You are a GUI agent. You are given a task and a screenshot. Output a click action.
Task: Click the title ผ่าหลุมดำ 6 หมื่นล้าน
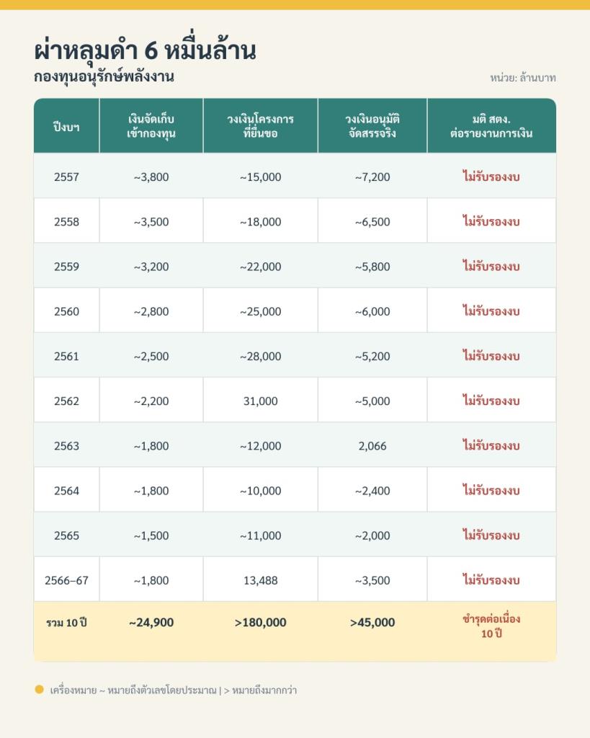145,50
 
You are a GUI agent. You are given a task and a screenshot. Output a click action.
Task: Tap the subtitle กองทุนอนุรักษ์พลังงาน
104,76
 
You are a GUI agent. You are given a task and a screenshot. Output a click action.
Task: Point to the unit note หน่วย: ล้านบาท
523,78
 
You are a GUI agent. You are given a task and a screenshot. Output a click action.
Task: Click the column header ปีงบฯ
66,127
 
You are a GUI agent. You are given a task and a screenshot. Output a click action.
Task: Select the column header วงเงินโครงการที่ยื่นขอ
260,125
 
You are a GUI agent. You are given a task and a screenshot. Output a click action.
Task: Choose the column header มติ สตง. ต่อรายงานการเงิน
491,125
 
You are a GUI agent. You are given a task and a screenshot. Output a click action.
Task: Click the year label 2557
66,177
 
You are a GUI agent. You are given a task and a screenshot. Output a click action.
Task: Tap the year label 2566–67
66,580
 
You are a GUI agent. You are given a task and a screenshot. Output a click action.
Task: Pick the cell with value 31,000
260,401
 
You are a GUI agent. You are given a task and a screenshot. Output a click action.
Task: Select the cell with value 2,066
372,445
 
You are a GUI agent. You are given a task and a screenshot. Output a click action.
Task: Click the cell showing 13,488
260,580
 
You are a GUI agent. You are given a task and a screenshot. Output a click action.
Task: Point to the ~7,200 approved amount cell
372,177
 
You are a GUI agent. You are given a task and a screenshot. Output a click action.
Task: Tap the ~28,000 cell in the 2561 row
260,356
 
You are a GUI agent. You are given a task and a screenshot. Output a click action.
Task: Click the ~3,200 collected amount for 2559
151,267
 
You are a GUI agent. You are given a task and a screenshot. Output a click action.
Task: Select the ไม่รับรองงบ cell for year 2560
491,311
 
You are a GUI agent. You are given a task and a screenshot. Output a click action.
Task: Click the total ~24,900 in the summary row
151,622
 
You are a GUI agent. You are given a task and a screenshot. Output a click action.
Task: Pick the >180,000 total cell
260,622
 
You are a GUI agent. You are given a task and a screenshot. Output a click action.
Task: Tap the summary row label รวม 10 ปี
66,623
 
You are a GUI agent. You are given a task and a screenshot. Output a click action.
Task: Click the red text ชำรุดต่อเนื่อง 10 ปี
491,626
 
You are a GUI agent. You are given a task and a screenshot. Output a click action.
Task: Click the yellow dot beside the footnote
39,690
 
